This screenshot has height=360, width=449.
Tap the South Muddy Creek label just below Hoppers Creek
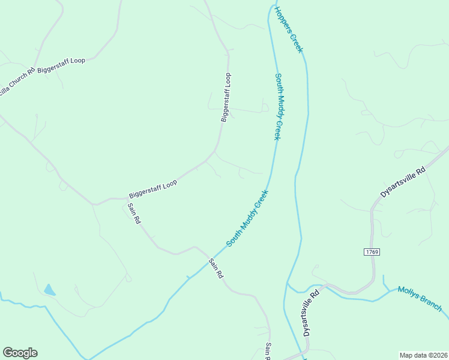tap(278, 107)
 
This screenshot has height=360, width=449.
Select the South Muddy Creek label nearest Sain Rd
tap(247, 218)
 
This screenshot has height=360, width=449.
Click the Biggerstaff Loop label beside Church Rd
tap(61, 65)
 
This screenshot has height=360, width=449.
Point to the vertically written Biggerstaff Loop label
tap(226, 97)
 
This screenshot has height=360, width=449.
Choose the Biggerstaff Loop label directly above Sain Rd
tap(153, 188)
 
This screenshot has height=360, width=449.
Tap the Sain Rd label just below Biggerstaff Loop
tap(134, 214)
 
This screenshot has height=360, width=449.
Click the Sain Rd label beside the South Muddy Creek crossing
tap(216, 268)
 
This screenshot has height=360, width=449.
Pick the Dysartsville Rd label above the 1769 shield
tap(403, 182)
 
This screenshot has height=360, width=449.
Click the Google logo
tap(20, 353)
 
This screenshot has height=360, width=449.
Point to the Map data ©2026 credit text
tap(423, 355)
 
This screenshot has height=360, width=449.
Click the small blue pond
tap(49, 290)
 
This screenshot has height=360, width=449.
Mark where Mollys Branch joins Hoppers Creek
tap(288, 282)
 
